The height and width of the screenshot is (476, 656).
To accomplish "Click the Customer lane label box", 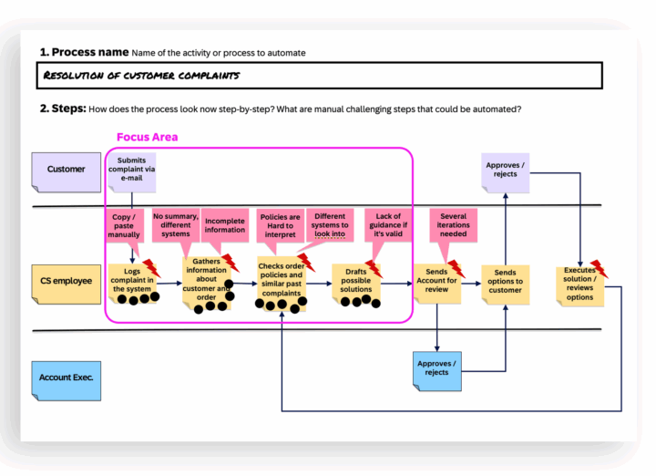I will point(66,171).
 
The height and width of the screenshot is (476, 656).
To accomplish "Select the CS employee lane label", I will point(67,281).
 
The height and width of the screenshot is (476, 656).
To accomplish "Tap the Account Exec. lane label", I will point(67,377).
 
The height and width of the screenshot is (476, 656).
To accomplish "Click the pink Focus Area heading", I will point(147,137).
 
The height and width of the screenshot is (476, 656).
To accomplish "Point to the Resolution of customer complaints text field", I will point(321,75).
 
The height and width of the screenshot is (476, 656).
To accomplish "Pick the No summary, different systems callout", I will point(171,225).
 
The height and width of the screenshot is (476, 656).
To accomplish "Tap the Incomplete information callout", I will point(224,224).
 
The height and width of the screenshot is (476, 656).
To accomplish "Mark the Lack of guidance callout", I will point(388,224).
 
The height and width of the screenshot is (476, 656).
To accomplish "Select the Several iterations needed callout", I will point(453,226).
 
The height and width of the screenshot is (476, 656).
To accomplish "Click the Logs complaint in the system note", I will point(131,281).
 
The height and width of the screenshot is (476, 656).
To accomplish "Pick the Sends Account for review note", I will point(437,282).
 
